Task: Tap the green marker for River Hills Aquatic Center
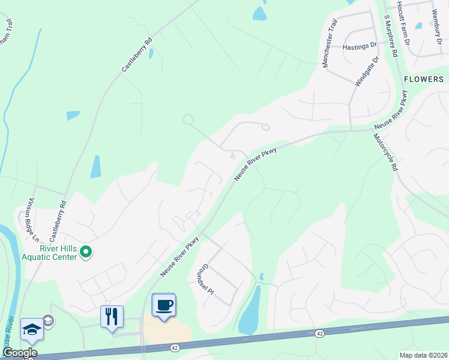[85, 252]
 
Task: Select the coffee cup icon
[163, 305]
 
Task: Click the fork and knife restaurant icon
[112, 316]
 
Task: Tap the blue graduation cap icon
[32, 329]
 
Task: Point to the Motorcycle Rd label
[385, 153]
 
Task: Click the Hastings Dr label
[360, 46]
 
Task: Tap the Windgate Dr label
[367, 73]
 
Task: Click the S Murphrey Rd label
[391, 37]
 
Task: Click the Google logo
[19, 353]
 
